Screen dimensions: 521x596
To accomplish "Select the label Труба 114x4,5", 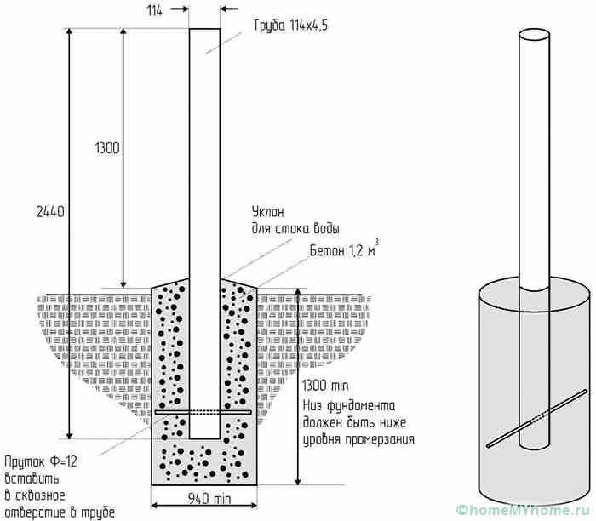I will pyautogui.click(x=289, y=26).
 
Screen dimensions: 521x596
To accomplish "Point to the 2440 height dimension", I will pyautogui.click(x=51, y=209).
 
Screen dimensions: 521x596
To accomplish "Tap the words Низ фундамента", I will pyautogui.click(x=348, y=404).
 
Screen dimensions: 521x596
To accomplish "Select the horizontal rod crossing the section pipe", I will pyautogui.click(x=204, y=414).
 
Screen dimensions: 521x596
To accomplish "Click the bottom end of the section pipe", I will pyautogui.click(x=204, y=437).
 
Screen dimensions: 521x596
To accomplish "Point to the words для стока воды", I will pyautogui.click(x=295, y=228).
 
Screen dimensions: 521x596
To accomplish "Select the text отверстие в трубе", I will pyautogui.click(x=58, y=511).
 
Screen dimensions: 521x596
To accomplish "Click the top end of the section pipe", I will pyautogui.click(x=204, y=30).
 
